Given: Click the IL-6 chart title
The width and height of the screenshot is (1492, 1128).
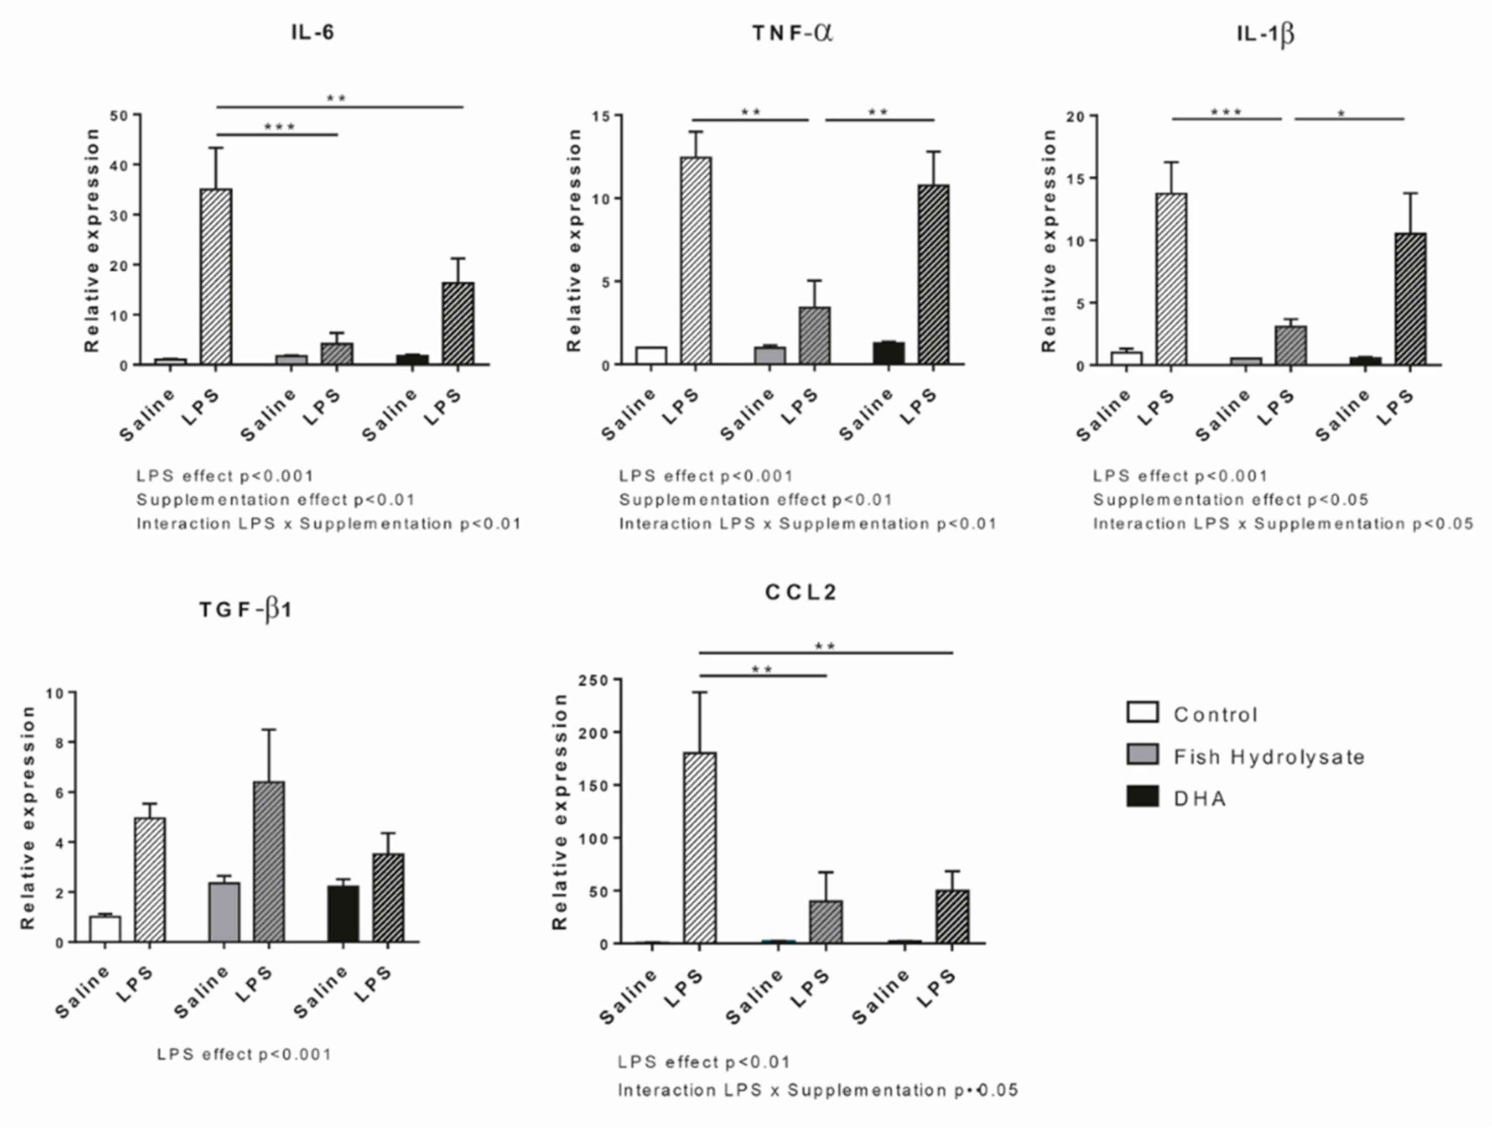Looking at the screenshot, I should [x=312, y=32].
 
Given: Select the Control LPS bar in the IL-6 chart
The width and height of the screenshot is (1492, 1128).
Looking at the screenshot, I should [x=216, y=276].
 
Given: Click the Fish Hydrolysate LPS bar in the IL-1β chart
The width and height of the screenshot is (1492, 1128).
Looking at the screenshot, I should [x=1291, y=345].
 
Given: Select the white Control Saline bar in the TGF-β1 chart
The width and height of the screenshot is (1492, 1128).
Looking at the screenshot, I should [x=105, y=929].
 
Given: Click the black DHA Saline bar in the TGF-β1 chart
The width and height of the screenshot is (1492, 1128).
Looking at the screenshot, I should [x=343, y=914].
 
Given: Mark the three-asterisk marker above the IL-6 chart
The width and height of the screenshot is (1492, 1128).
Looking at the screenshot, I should [x=279, y=127].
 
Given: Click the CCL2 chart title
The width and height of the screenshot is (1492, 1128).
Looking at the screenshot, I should [x=801, y=592].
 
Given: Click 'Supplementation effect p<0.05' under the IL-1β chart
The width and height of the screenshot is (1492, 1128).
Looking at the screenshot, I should [x=1230, y=500].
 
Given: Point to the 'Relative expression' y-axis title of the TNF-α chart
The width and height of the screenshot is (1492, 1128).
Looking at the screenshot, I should [x=574, y=240].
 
